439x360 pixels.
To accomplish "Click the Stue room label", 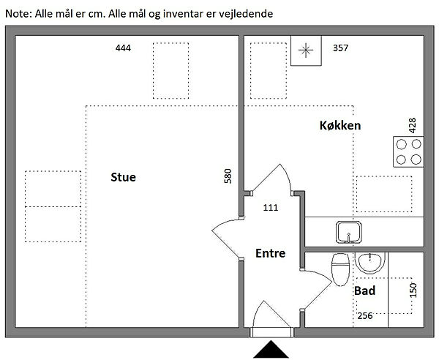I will pyautogui.click(x=123, y=177).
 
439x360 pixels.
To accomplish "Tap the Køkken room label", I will pyautogui.click(x=340, y=126).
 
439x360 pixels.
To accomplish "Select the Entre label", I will pyautogui.click(x=270, y=254).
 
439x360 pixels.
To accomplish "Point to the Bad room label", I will pyautogui.click(x=364, y=290).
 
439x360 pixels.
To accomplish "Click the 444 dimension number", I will pyautogui.click(x=123, y=48).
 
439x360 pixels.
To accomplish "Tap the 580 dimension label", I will pyautogui.click(x=228, y=176).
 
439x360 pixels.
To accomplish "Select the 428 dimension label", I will pyautogui.click(x=412, y=124).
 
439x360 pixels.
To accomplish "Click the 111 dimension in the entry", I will pyautogui.click(x=270, y=208).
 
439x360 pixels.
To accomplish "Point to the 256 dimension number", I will pyautogui.click(x=364, y=315).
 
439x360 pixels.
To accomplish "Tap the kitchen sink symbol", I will pyautogui.click(x=348, y=231).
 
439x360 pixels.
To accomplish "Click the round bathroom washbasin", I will pyautogui.click(x=369, y=263).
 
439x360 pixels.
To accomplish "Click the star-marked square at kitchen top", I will pyautogui.click(x=307, y=50).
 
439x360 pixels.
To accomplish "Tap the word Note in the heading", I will pyautogui.click(x=17, y=13).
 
